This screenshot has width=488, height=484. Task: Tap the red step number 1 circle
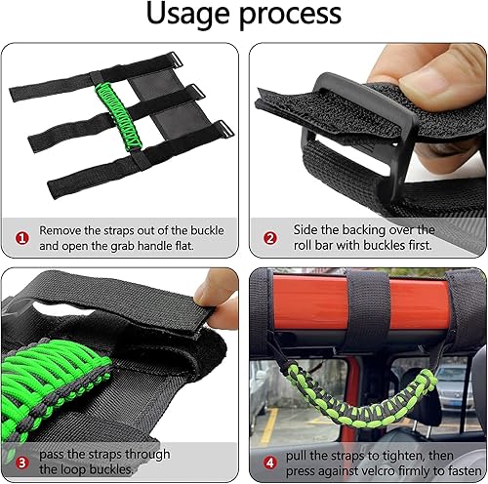coord(20,235)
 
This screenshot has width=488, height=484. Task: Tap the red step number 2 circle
coord(270,235)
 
